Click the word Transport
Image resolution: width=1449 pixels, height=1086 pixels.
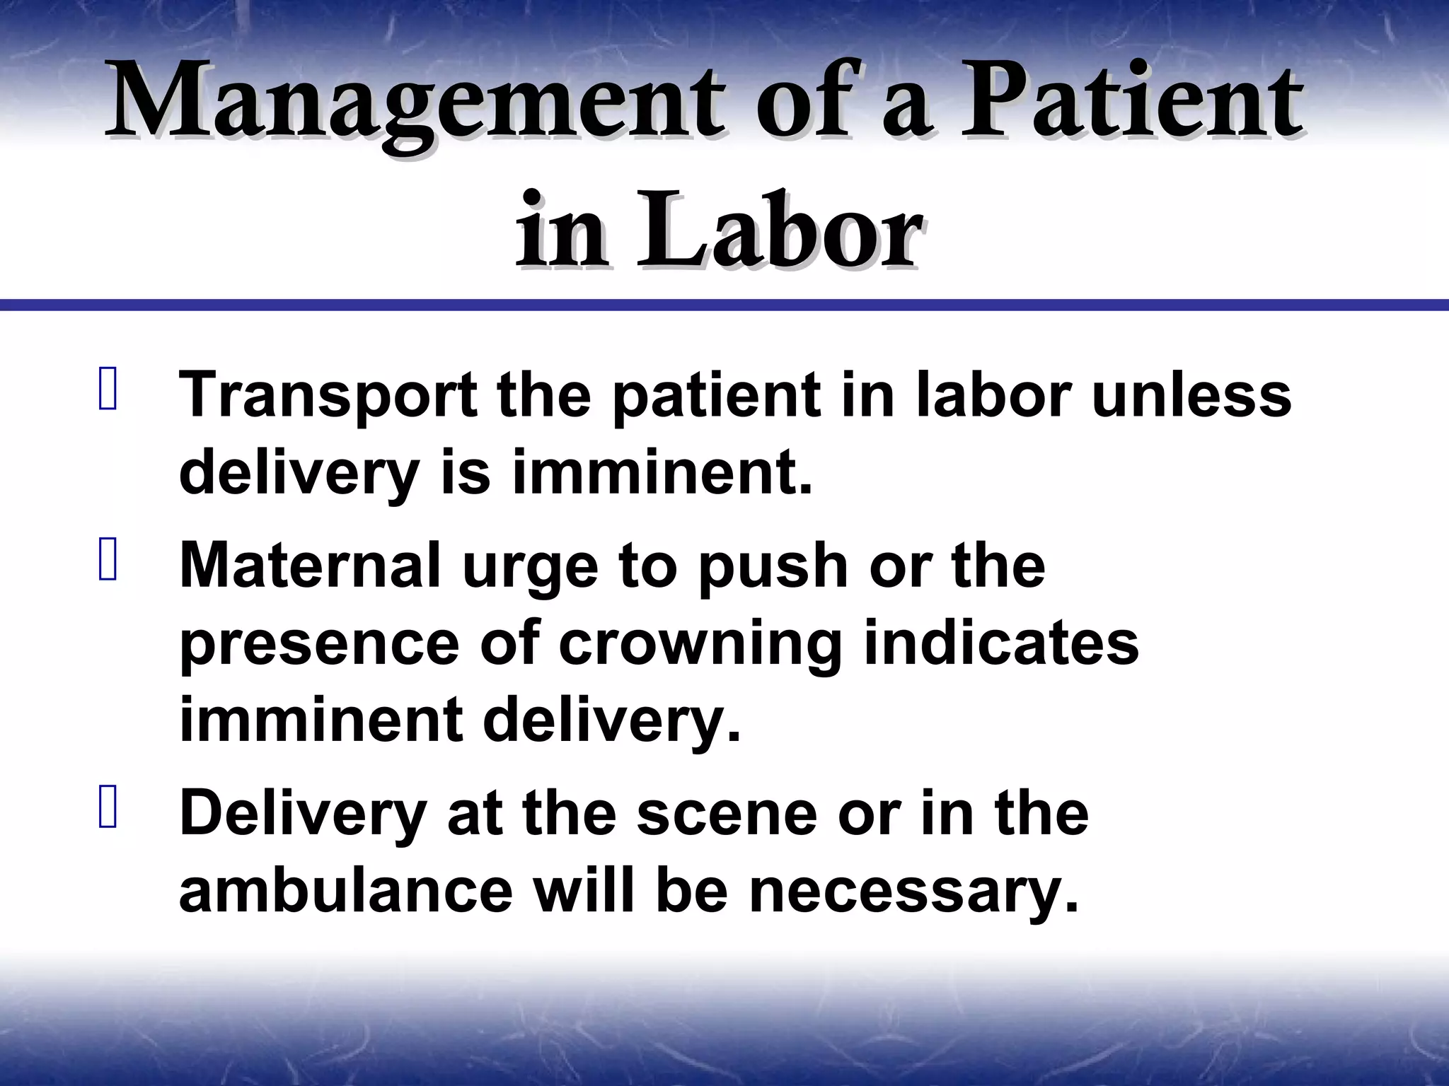point(329,396)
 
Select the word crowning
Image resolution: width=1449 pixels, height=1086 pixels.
point(700,645)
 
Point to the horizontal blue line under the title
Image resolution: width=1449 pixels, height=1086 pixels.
point(724,305)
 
